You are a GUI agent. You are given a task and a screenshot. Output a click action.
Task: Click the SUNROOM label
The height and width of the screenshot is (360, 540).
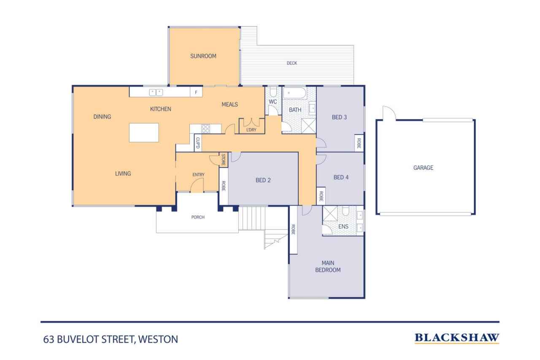[203, 56]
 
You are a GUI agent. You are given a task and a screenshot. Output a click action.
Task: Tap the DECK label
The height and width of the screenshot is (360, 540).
[292, 63]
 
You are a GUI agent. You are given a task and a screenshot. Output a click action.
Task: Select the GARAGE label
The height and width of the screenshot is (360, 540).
[423, 168]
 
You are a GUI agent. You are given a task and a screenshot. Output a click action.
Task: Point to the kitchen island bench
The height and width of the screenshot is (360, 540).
[144, 133]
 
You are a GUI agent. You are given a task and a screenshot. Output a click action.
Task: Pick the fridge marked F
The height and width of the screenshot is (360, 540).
[196, 92]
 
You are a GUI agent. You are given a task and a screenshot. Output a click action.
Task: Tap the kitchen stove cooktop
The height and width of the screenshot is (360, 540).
[205, 129]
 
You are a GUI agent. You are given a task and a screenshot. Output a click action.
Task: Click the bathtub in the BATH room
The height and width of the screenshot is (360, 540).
[294, 93]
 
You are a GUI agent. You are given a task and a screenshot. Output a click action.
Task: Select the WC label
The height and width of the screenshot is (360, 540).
[273, 102]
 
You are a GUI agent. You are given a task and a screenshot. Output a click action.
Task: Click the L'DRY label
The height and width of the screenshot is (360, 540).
[251, 130]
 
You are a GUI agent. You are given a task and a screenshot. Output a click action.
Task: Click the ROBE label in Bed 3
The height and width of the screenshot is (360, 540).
[359, 143]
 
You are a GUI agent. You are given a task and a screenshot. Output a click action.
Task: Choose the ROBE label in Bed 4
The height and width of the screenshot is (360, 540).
[321, 196]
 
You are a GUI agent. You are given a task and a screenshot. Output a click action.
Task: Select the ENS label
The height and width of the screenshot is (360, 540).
[344, 227]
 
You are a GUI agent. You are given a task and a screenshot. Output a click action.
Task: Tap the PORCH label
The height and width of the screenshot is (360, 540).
[198, 217]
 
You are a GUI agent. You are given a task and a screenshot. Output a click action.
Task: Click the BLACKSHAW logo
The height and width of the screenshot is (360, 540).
[456, 338]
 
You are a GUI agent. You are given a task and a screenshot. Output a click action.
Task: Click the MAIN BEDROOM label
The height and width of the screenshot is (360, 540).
[328, 267]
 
